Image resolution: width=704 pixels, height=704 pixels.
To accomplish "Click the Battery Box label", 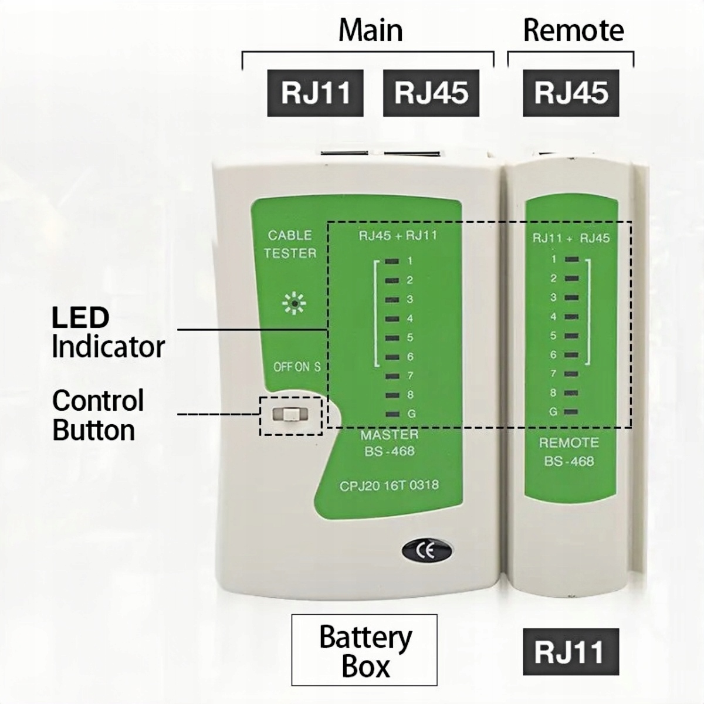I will point(364,650).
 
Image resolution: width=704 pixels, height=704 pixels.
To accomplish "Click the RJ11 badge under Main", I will point(315,93).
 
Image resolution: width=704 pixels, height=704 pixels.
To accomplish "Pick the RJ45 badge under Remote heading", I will point(570,93).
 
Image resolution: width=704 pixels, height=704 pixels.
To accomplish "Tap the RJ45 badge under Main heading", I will point(431,93).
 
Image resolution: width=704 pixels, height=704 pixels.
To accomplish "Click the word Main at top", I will point(370,31).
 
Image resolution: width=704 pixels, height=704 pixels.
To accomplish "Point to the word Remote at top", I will point(573,31).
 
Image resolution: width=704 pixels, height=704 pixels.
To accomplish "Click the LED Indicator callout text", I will point(107,332).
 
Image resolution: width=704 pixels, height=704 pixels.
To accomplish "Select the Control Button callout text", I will point(97,415).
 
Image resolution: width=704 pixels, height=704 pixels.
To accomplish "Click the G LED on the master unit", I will point(392,414).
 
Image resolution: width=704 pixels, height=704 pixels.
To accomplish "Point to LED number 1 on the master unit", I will point(392,261).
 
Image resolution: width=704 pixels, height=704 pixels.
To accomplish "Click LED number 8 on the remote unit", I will point(571,393).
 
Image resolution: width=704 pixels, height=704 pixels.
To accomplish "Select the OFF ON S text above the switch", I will point(297,367).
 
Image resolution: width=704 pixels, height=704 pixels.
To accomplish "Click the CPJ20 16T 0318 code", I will point(389,485).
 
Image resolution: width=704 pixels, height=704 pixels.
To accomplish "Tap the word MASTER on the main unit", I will point(390,435).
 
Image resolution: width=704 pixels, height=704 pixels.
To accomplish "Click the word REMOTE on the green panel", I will point(568,442).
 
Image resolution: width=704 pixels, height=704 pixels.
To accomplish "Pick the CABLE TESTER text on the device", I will point(290,244).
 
